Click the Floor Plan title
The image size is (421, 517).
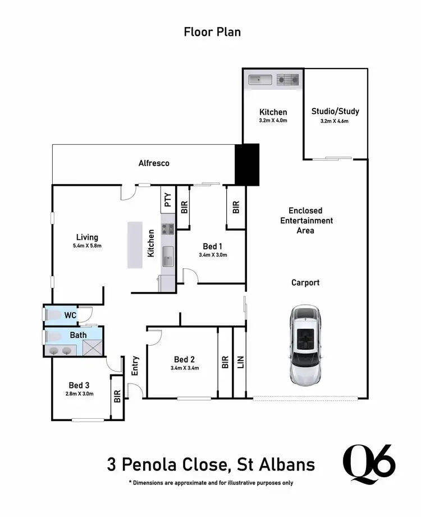(212, 32)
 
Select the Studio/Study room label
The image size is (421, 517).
(335, 111)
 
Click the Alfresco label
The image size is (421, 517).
(154, 163)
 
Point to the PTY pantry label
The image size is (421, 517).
(167, 199)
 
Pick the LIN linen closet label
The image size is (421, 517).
(241, 362)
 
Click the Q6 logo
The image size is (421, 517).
(369, 464)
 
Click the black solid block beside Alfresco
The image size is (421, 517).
(247, 164)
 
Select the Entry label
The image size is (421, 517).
(135, 366)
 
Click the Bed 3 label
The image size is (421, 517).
(79, 385)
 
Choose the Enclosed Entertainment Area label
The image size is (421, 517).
(306, 221)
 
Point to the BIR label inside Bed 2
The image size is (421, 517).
(225, 362)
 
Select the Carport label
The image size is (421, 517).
(305, 282)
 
